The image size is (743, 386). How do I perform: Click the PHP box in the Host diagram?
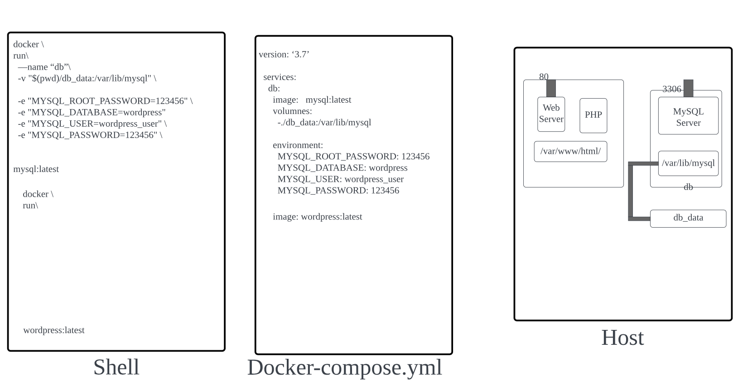(593, 115)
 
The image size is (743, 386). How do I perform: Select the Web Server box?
(551, 114)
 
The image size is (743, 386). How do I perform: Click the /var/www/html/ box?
(570, 152)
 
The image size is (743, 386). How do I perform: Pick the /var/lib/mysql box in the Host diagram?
(688, 163)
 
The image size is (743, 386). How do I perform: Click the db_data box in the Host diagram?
(688, 218)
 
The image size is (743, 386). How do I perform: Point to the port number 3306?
(671, 89)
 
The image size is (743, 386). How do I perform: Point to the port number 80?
(544, 77)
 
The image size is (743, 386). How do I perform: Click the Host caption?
(622, 338)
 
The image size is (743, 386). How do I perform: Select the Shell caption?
(116, 367)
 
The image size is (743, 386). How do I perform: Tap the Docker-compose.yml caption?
(344, 367)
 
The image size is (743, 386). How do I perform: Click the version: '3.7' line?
(284, 55)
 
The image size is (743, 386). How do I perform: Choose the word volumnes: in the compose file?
(292, 111)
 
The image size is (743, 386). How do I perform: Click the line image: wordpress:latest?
(317, 217)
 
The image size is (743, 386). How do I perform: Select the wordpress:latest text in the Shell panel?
(54, 330)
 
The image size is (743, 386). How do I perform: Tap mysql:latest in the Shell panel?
(36, 169)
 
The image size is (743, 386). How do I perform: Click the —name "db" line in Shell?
(44, 67)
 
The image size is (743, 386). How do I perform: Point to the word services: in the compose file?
(280, 77)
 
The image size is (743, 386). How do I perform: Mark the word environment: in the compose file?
(298, 145)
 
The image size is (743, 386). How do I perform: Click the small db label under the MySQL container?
(688, 187)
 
